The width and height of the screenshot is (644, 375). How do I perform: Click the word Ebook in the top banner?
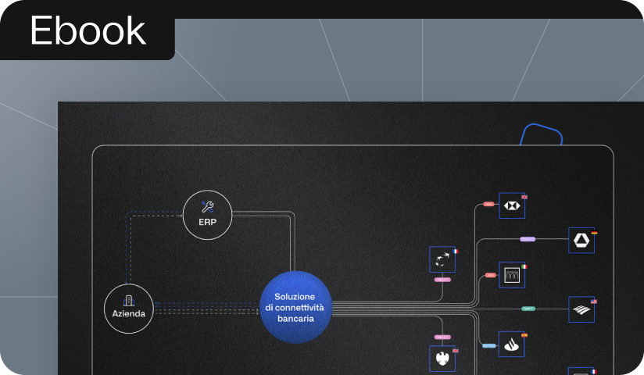coord(88,31)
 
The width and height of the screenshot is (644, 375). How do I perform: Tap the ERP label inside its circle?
coord(207,222)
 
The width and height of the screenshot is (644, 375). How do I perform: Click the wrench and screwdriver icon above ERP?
coord(207,206)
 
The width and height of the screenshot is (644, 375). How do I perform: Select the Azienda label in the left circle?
coord(128,313)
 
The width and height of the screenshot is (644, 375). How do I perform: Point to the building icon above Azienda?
coord(128,300)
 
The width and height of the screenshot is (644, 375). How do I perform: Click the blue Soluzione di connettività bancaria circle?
coord(295,307)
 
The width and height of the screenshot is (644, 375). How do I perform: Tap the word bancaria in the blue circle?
coord(295,319)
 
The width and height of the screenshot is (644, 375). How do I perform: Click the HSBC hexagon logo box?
coord(512,205)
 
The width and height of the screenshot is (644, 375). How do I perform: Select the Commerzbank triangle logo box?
coord(581,240)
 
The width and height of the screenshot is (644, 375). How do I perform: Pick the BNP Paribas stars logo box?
coord(442,259)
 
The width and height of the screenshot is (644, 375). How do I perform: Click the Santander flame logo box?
coord(512,344)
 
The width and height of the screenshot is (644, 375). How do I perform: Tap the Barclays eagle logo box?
coord(442,359)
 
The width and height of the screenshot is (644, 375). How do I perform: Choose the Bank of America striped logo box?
coord(581,309)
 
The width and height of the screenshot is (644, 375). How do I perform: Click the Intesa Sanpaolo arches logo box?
coord(512,275)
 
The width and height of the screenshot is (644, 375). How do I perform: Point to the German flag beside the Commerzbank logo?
coord(596,232)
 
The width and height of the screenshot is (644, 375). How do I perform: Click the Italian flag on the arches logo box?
coord(525,266)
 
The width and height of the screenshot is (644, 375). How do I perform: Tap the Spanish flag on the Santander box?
coord(525,335)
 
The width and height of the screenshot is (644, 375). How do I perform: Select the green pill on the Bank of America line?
coord(528,309)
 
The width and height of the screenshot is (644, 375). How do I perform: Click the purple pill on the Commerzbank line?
coord(528,239)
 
